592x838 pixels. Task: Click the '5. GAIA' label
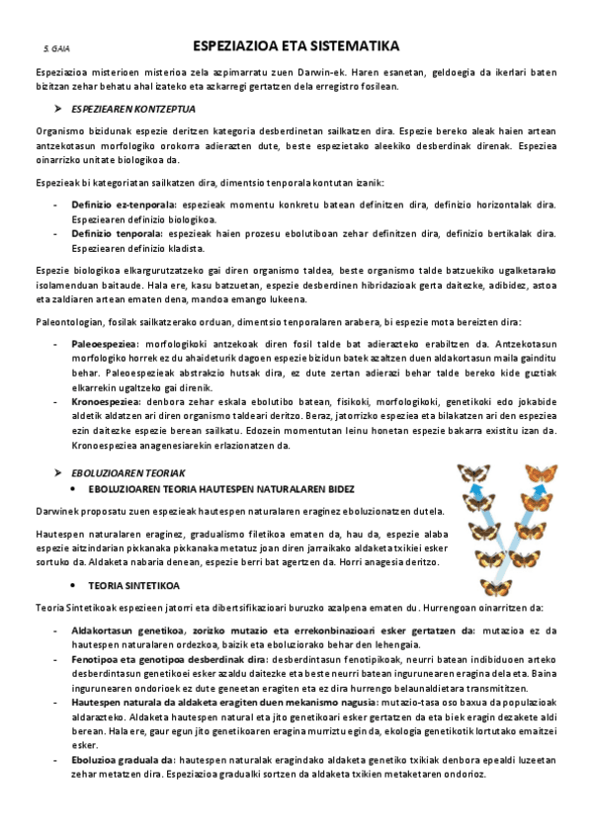[56, 48]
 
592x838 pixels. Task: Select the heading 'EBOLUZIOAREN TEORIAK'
[128, 473]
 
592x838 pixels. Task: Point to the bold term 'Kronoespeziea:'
[104, 402]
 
